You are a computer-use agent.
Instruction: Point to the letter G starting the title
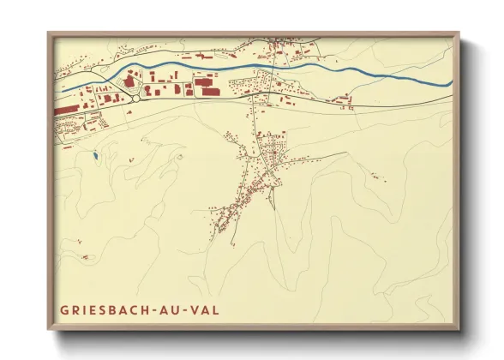(63, 308)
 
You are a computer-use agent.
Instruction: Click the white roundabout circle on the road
(136, 99)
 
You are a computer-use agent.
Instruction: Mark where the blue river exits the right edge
(451, 82)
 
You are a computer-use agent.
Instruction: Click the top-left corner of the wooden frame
(48, 33)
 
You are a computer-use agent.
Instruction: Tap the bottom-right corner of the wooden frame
(459, 329)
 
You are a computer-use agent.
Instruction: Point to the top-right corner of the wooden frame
(459, 33)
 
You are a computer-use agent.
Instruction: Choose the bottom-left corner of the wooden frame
(48, 329)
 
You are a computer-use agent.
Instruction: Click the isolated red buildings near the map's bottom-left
(85, 256)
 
